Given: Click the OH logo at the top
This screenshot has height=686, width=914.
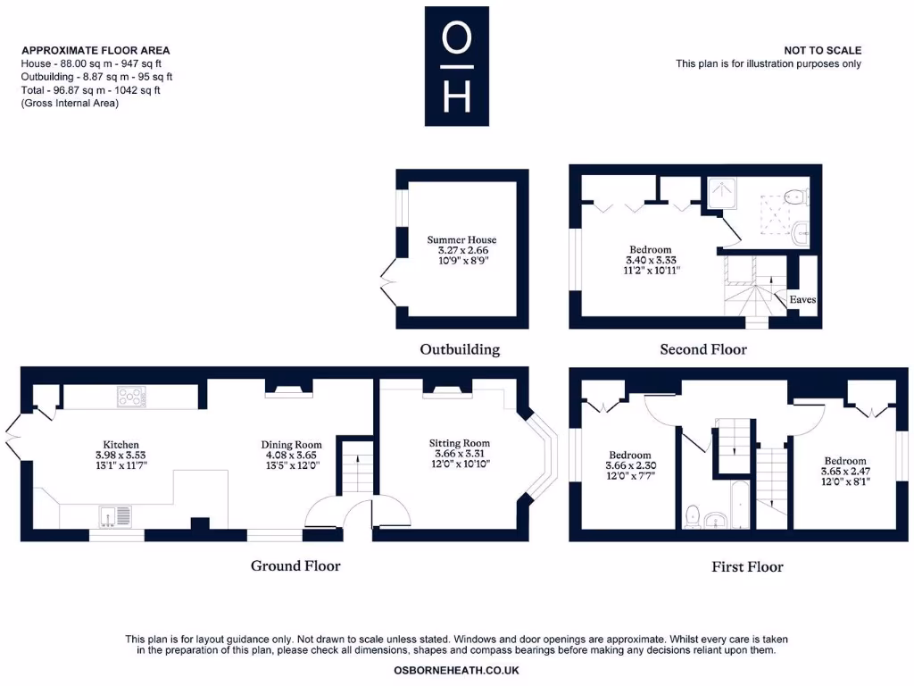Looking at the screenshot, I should (456, 66).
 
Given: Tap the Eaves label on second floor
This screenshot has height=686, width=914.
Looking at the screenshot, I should (802, 300).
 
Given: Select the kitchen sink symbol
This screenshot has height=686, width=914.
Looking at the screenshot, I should (116, 515).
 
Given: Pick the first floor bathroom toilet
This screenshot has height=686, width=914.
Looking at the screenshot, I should (692, 515).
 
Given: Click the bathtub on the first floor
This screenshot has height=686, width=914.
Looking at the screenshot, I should (740, 505).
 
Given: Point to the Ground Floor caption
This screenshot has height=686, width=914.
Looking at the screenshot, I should (295, 565).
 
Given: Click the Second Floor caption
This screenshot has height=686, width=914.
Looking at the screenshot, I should (702, 349).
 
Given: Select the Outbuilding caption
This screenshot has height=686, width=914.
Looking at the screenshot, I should (460, 349).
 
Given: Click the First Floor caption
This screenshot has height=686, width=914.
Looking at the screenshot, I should (747, 566).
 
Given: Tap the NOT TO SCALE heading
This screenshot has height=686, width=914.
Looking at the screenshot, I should (822, 51).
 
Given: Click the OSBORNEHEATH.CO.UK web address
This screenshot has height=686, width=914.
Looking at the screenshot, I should (456, 670).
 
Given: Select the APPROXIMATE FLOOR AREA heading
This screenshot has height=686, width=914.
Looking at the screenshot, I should (96, 51).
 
